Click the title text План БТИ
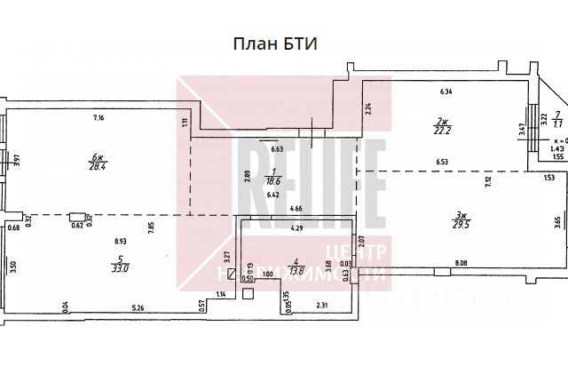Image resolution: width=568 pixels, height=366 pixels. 274,44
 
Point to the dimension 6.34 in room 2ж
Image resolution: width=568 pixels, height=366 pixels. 446,91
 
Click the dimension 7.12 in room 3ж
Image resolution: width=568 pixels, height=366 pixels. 486,184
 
